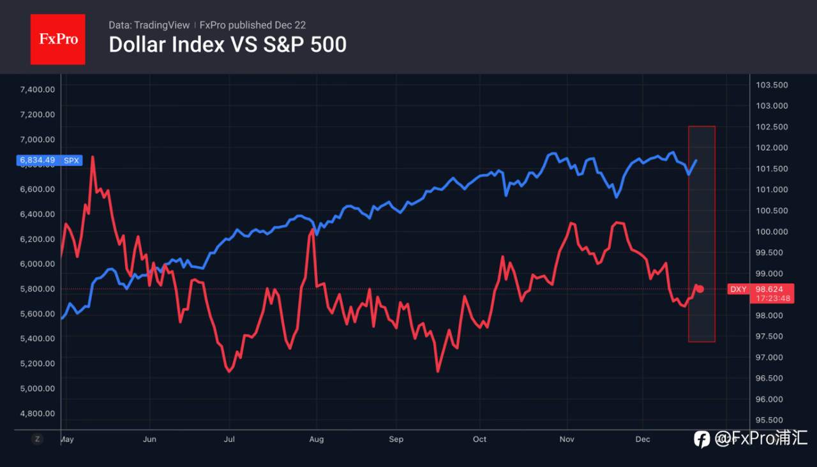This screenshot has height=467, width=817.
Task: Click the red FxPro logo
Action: coord(58,39)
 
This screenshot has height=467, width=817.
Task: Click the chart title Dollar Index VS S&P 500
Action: coord(227,45)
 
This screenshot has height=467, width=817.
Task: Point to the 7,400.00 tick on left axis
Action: coord(38,89)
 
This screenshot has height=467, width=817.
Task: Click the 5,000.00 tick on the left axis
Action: coord(38,388)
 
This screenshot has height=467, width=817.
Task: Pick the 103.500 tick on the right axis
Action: coord(771,85)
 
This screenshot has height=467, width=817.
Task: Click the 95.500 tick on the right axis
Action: coord(771,420)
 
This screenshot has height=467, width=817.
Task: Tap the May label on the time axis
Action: coord(67,439)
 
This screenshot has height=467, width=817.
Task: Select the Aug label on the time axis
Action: coord(316,439)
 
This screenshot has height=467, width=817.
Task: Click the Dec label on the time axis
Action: coord(643,439)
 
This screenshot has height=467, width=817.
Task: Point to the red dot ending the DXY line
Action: coord(700,289)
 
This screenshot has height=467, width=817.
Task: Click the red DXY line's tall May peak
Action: coord(93,157)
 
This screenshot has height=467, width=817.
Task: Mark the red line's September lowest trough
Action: coord(438,371)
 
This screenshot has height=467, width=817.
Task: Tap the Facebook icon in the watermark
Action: coord(701,439)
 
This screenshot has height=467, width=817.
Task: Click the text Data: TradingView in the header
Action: coord(149,25)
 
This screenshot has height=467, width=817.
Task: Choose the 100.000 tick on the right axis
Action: coord(771,232)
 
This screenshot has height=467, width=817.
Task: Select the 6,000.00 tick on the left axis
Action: coord(38,263)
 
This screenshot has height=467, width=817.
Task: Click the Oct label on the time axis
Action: coord(479,439)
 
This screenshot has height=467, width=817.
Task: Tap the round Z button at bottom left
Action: coord(38,439)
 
